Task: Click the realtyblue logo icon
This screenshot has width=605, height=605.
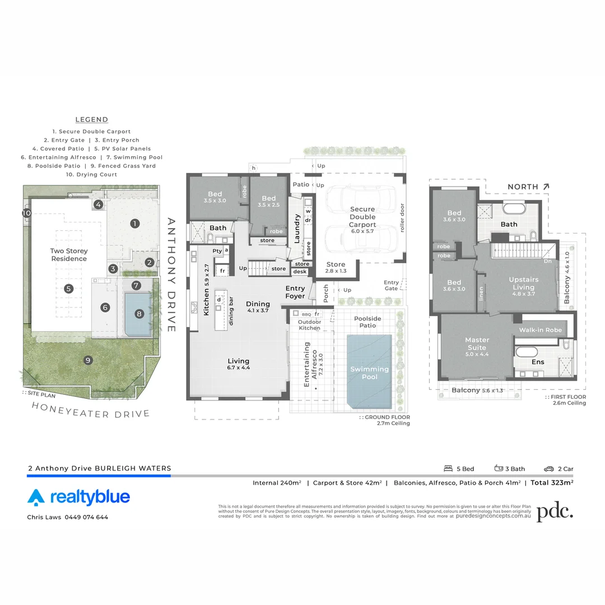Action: [36, 497]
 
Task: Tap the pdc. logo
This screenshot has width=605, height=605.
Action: [555, 512]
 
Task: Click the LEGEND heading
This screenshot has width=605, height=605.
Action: [92, 119]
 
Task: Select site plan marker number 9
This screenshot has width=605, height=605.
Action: [88, 360]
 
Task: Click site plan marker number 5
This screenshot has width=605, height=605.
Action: [68, 289]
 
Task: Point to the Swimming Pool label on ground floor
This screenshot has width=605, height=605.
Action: [369, 373]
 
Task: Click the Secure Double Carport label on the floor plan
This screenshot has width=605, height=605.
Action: [362, 217]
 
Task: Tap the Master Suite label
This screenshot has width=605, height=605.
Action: [477, 343]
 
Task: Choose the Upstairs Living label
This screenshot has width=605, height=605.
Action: [523, 283]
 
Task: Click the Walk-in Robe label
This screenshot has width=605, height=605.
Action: [540, 330]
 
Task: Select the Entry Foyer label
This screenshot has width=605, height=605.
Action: [295, 292]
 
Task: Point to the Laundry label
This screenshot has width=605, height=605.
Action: [297, 229]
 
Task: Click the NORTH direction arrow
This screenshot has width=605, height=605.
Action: [546, 186]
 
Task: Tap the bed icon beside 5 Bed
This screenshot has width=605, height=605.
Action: [448, 468]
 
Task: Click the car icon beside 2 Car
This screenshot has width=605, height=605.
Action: [548, 469]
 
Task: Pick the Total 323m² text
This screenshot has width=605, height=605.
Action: [551, 482]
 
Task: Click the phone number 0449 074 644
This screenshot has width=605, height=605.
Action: [86, 517]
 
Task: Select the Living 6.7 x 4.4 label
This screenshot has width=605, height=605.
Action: [239, 365]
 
